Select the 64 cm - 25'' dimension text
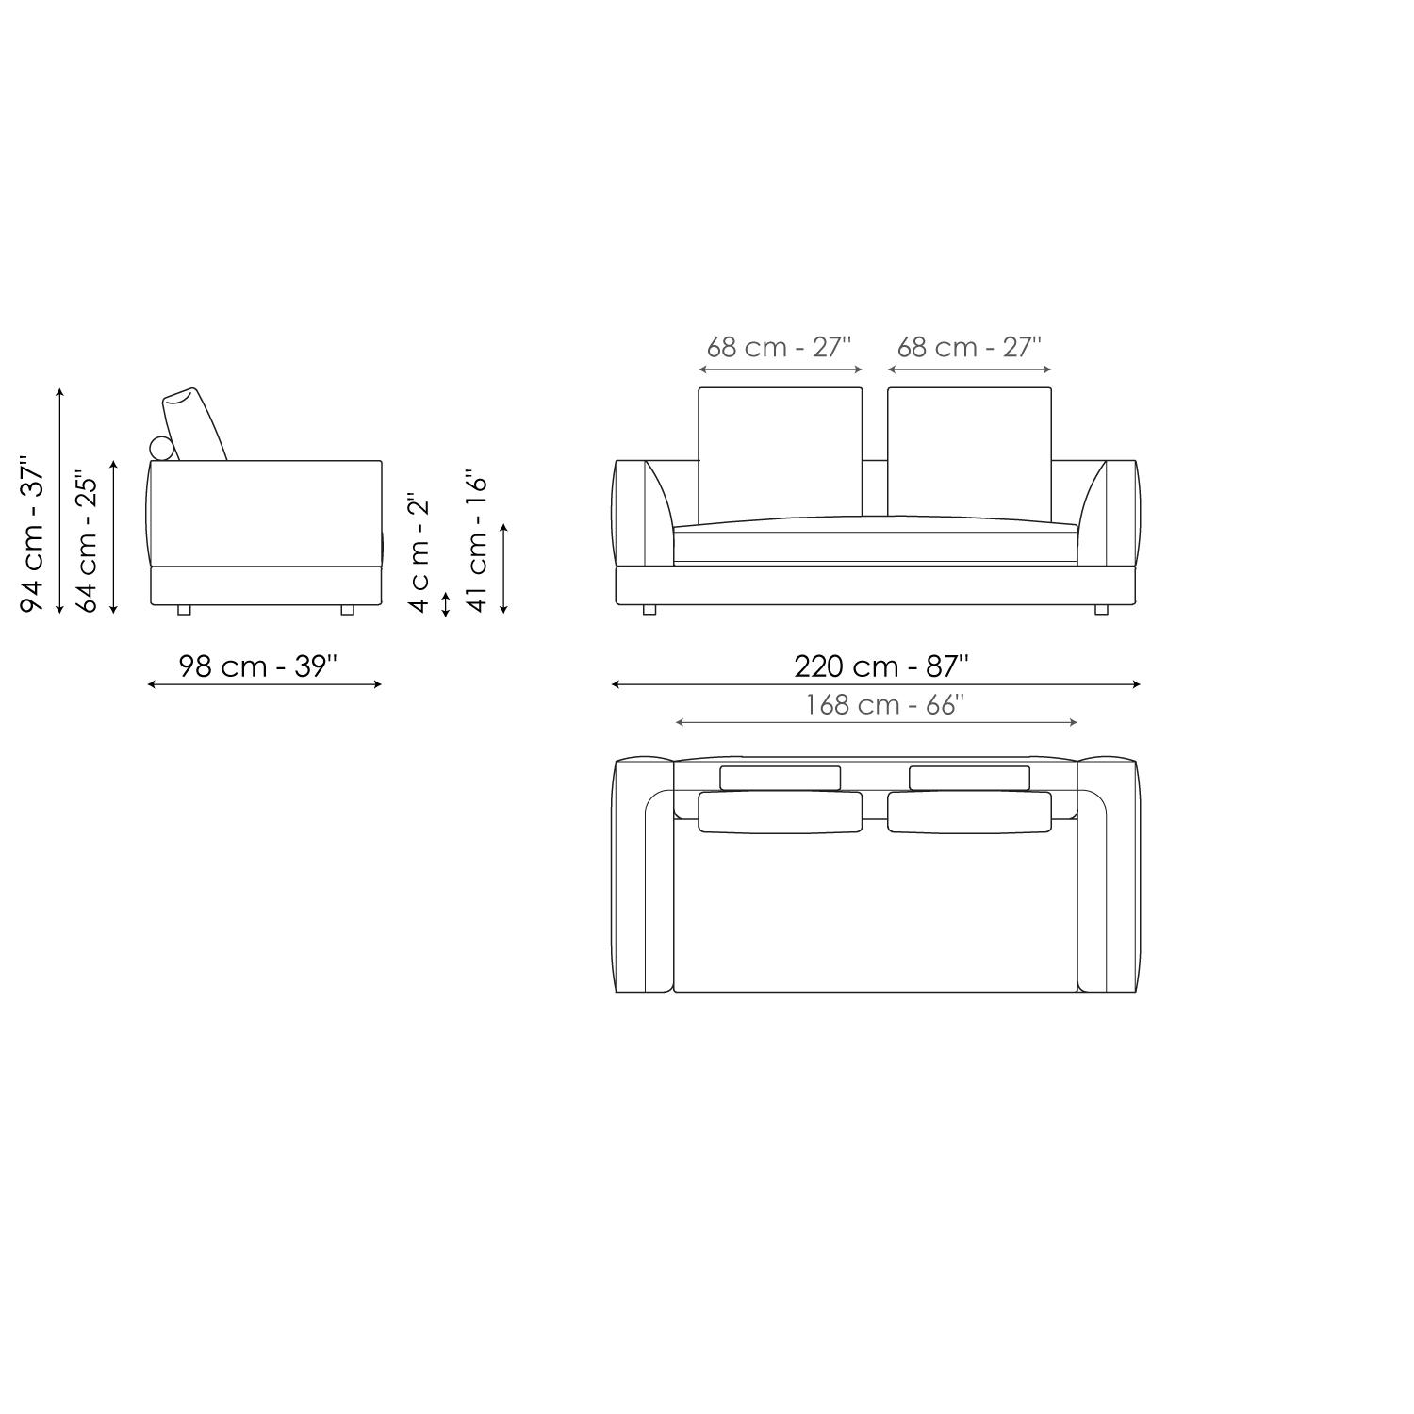tap(87, 541)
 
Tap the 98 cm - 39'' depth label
tap(257, 666)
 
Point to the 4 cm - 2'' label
tap(419, 551)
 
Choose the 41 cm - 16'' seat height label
tap(478, 541)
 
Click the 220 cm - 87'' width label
tap(880, 666)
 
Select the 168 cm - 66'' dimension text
tap(884, 705)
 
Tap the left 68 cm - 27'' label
tap(779, 347)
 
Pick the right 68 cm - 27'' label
tap(968, 347)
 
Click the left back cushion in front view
tap(780, 452)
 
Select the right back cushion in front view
tap(969, 452)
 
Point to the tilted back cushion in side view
tap(195, 424)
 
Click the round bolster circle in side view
tap(162, 450)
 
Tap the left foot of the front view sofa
tap(649, 610)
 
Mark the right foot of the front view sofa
tap(1101, 610)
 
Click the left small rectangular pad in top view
tap(780, 778)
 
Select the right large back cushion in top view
tap(969, 812)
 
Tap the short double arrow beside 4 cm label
tap(446, 603)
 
